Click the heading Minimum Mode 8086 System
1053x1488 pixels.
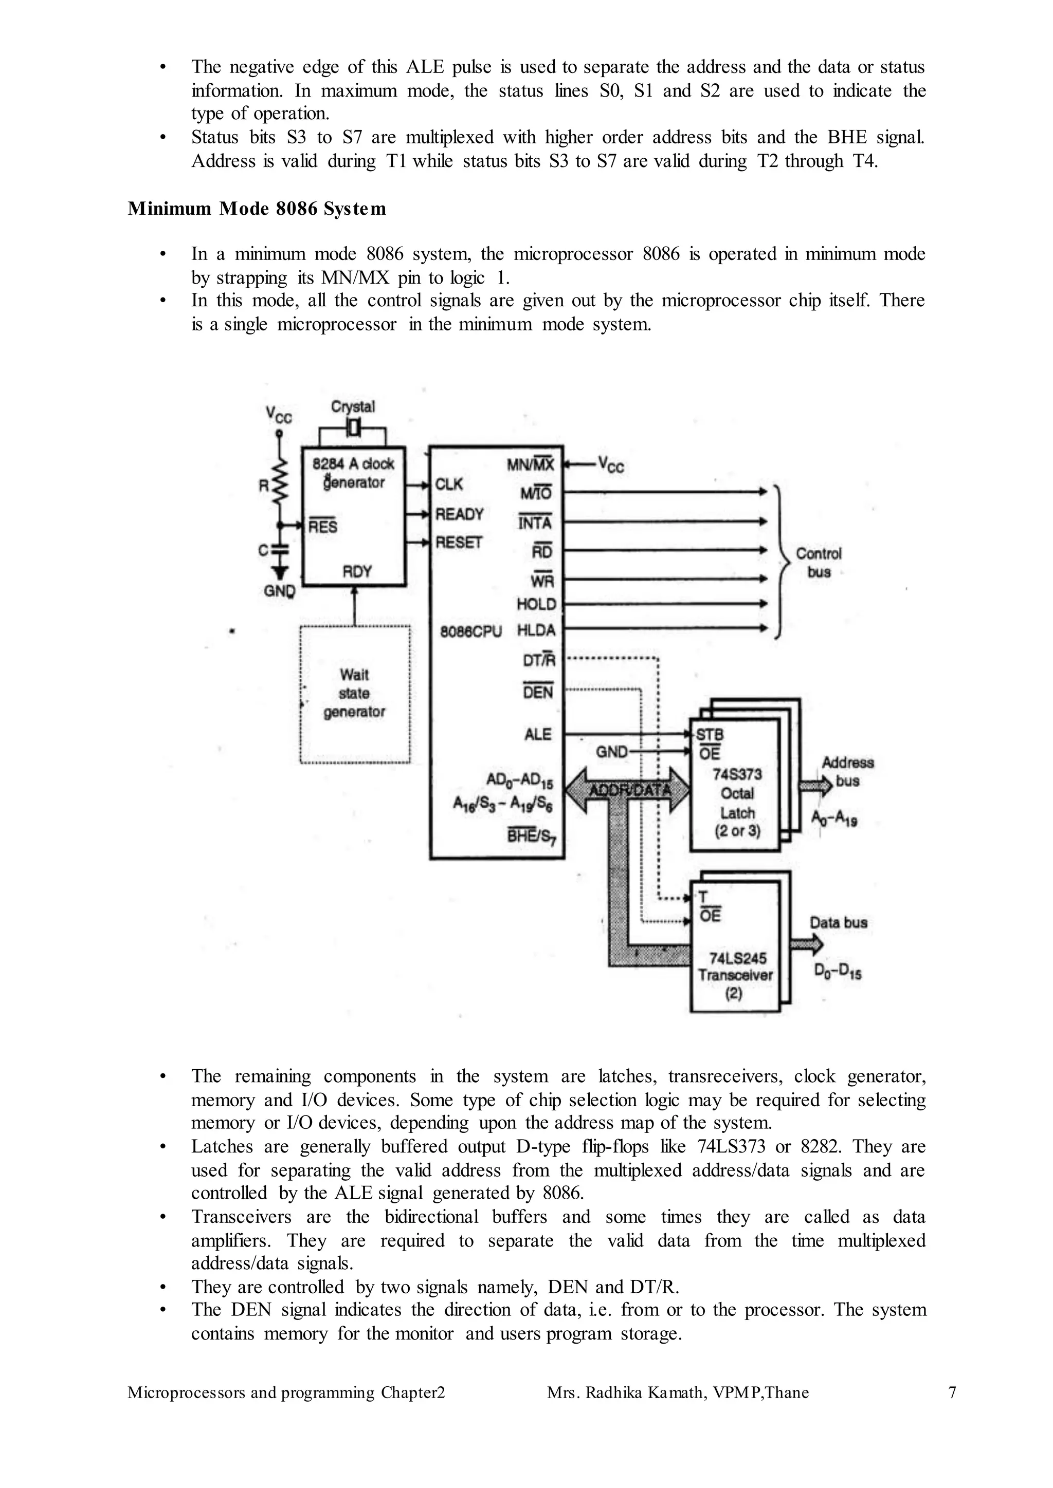[x=257, y=209]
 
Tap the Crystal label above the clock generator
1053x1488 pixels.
[x=353, y=406]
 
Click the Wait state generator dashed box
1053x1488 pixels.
[x=355, y=694]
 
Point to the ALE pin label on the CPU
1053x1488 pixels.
[x=537, y=734]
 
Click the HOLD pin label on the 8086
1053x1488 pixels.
[x=536, y=604]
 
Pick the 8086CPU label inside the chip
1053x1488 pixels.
[x=471, y=631]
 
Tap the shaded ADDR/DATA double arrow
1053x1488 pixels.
[x=628, y=790]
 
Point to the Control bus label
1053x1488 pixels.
[x=818, y=563]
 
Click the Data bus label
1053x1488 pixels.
[x=839, y=922]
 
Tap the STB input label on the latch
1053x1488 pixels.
[x=710, y=735]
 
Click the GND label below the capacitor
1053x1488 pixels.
[x=279, y=591]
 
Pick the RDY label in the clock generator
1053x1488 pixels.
[x=357, y=571]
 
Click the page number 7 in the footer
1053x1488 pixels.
[x=952, y=1392]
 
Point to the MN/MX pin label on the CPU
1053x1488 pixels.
[x=531, y=464]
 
